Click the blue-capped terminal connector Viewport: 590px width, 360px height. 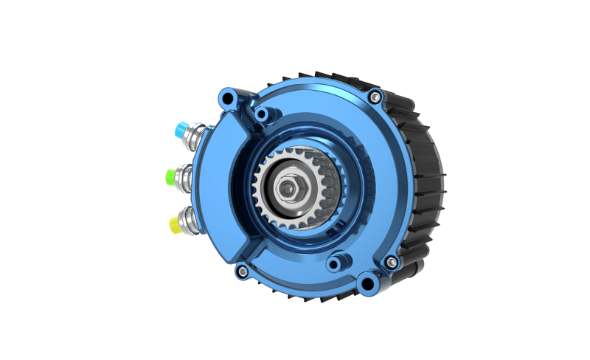(x=179, y=129)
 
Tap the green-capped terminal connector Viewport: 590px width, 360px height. (x=172, y=176)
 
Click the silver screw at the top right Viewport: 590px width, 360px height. (x=377, y=96)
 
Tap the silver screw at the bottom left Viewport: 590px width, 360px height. (x=240, y=273)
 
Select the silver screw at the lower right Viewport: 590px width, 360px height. (x=391, y=262)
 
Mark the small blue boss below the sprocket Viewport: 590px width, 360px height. (x=336, y=263)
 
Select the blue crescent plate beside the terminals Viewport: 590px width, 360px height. (x=214, y=184)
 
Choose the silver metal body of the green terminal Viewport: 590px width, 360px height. (x=185, y=177)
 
